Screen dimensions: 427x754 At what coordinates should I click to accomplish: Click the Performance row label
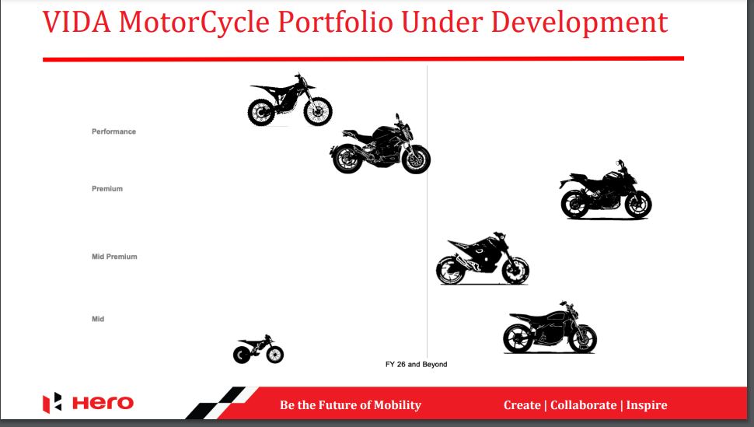(113, 131)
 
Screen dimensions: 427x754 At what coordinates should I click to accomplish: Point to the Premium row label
(107, 189)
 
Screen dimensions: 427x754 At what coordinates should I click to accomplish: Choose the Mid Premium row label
(114, 257)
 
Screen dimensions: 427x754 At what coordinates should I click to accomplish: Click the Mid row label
(98, 319)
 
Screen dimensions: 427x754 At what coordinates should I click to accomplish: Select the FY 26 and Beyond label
(417, 364)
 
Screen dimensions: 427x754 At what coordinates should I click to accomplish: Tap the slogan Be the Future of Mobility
(351, 404)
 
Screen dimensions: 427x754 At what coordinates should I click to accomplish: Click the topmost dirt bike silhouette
(290, 101)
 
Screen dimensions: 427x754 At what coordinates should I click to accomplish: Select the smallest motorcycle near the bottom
(259, 352)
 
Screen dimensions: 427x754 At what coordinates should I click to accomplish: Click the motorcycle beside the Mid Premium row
(483, 259)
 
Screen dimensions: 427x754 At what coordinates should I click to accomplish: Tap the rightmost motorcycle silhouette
(606, 191)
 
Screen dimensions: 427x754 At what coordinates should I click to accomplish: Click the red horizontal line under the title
(363, 58)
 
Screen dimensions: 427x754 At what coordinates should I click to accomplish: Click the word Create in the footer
(522, 404)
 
